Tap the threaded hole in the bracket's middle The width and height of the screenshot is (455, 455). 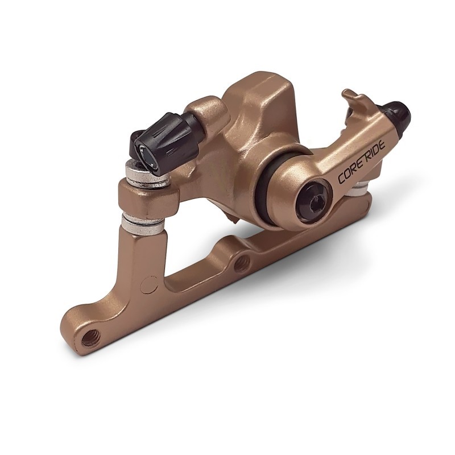coord(241,262)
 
